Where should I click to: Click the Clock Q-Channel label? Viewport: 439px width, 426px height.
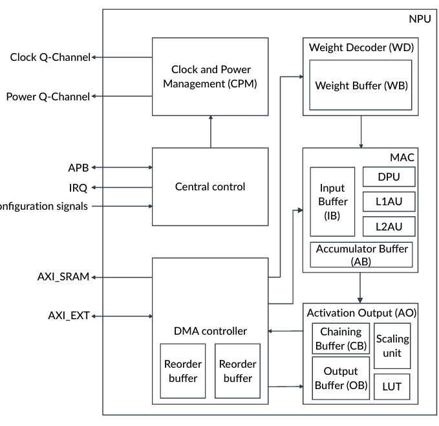50,57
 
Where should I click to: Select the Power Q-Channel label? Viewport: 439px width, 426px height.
48,96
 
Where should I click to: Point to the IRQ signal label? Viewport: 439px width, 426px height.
77,187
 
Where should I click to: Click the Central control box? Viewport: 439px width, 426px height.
210,187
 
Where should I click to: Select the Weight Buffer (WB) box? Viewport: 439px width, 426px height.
361,85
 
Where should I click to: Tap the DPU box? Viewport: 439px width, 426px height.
389,177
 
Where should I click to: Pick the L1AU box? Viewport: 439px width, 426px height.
389,201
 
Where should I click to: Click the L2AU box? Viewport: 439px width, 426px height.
389,226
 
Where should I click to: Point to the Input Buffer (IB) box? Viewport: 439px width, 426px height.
332,201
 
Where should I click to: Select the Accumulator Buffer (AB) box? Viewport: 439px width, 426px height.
361,254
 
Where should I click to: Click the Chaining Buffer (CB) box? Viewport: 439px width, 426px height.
341,339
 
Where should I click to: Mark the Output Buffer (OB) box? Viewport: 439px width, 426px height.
341,377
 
